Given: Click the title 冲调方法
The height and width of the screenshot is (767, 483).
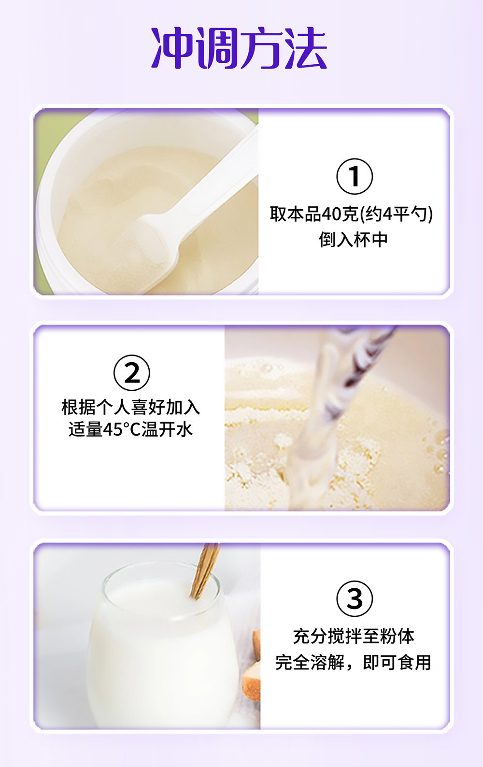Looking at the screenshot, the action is tap(239, 48).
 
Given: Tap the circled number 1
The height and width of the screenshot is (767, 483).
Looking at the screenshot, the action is tap(355, 176).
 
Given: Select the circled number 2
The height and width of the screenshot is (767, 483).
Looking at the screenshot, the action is tap(131, 373).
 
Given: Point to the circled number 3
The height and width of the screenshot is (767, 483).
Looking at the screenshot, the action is tap(355, 598).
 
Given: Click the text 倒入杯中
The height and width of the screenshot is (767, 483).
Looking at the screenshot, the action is tap(353, 240).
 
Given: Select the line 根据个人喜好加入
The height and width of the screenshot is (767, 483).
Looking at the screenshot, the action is tap(131, 407).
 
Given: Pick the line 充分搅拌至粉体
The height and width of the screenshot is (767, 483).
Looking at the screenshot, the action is tap(354, 636).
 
